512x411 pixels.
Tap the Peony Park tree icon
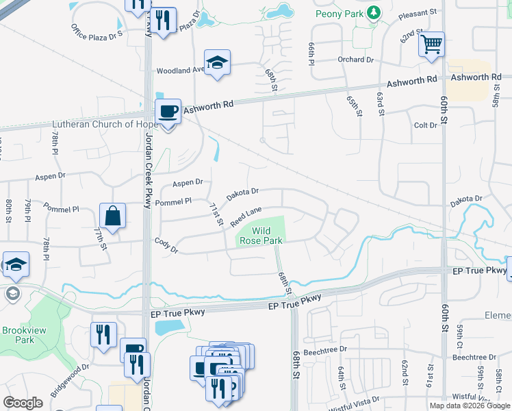pyautogui.click(x=373, y=12)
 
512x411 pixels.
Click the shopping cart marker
pyautogui.click(x=431, y=45)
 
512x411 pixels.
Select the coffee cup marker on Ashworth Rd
pyautogui.click(x=168, y=111)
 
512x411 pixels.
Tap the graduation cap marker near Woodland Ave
pyautogui.click(x=217, y=63)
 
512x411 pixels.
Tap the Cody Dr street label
pyautogui.click(x=166, y=245)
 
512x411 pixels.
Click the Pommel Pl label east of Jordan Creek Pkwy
pyautogui.click(x=175, y=201)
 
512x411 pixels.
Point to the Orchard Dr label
pyautogui.click(x=355, y=60)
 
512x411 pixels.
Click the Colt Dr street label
pyautogui.click(x=425, y=125)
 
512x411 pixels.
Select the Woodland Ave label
pyautogui.click(x=181, y=71)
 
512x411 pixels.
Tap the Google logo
pyautogui.click(x=23, y=403)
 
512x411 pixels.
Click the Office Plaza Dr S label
pyautogui.click(x=97, y=31)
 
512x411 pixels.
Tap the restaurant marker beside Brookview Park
pyautogui.click(x=103, y=335)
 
